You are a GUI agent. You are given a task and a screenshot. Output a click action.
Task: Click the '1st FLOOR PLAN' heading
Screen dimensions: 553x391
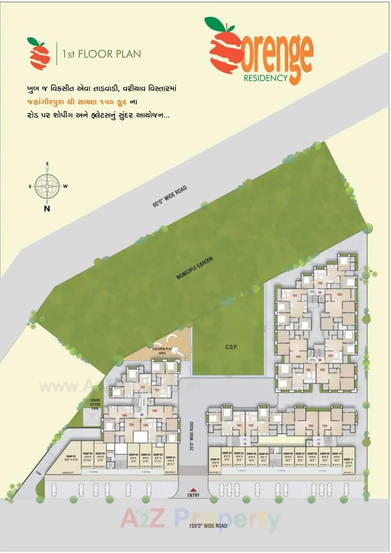click(x=101, y=54)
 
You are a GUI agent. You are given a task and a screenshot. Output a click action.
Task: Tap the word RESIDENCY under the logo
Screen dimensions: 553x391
click(x=265, y=78)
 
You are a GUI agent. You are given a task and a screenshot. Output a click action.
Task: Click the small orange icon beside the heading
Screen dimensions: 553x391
click(x=39, y=53)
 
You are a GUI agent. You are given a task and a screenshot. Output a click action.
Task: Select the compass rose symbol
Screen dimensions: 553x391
click(x=47, y=186)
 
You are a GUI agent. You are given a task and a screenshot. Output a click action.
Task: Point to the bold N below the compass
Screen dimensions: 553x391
click(x=47, y=209)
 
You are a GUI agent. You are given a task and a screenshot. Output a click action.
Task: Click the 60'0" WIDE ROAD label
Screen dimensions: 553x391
click(x=170, y=196)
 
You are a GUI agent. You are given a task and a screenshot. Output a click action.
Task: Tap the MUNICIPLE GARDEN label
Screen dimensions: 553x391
click(x=194, y=268)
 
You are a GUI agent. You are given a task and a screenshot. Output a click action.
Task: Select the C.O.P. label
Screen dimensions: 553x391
click(x=231, y=347)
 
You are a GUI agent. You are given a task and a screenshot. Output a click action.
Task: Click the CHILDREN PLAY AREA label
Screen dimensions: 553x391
click(x=162, y=351)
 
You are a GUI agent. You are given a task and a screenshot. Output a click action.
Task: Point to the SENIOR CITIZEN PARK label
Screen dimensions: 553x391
click(x=95, y=404)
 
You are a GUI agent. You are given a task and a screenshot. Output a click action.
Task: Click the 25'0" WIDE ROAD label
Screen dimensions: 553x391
click(x=192, y=436)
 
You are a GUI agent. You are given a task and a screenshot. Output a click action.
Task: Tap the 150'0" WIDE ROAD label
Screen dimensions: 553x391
click(x=208, y=526)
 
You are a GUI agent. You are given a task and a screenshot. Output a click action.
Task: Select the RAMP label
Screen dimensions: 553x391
click(x=39, y=473)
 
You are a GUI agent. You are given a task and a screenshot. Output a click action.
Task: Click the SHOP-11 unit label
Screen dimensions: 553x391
click(x=348, y=459)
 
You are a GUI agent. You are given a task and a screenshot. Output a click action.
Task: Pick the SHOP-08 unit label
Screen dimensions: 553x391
click(x=312, y=454)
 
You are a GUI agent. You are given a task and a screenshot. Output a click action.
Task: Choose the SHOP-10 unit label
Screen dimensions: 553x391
click(x=337, y=454)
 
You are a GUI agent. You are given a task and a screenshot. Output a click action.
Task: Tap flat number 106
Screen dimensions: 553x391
click(x=124, y=415)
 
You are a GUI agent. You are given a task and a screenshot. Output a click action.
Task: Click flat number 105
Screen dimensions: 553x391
click(x=131, y=425)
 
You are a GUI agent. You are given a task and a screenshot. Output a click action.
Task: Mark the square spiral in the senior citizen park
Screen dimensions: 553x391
click(x=92, y=417)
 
